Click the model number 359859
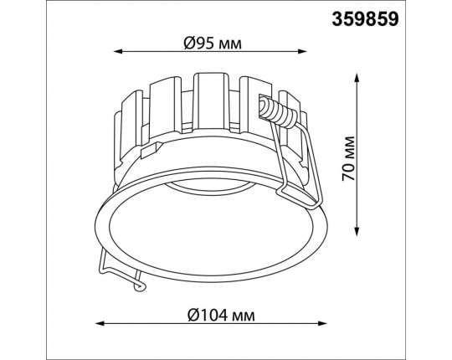[x=365, y=19]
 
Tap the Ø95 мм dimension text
[x=213, y=44]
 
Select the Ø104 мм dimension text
[x=221, y=315]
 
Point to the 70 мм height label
[x=348, y=159]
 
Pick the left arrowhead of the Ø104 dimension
[x=100, y=323]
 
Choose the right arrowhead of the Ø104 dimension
[x=322, y=323]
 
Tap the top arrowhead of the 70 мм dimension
[x=357, y=78]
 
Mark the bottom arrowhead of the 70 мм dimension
[x=357, y=231]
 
